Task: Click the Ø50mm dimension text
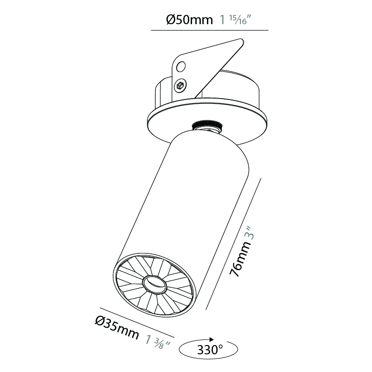pyautogui.click(x=189, y=20)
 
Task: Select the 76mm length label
pyautogui.click(x=240, y=259)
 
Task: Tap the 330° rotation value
pyautogui.click(x=210, y=350)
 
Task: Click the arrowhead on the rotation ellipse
pyautogui.click(x=211, y=339)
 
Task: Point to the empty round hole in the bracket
pyautogui.click(x=181, y=66)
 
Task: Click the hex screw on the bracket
pyautogui.click(x=180, y=85)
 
